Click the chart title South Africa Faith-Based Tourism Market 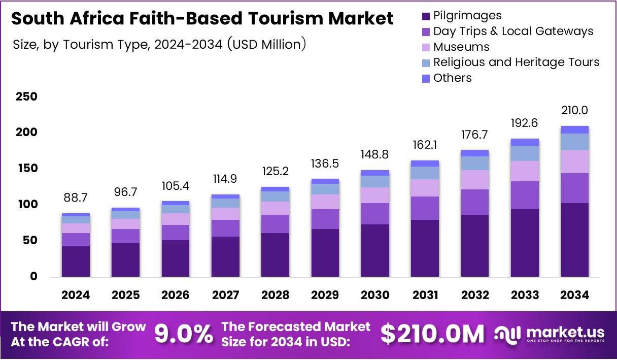click(202, 19)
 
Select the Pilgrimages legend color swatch click(426, 16)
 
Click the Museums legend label click(461, 47)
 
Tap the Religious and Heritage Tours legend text click(516, 62)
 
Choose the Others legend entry click(452, 78)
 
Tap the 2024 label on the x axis click(76, 295)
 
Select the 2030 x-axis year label click(375, 295)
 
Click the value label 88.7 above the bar click(76, 197)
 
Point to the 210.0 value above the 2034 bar click(574, 110)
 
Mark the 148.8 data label click(375, 154)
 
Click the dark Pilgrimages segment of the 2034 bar click(574, 240)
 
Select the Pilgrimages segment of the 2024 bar click(76, 261)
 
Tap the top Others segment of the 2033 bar click(525, 142)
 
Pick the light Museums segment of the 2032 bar click(475, 180)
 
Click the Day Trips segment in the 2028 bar click(275, 224)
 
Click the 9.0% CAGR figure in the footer click(183, 334)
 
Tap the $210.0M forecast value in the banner click(432, 334)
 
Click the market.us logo click(550, 334)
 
